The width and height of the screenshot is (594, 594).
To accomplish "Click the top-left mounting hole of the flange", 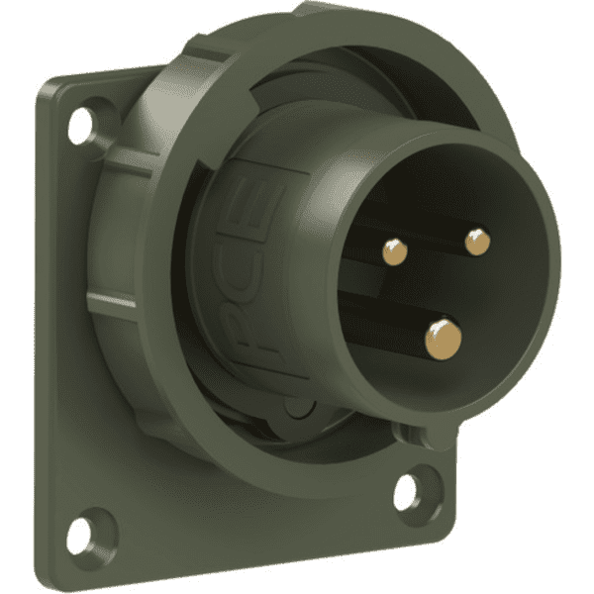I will (x=80, y=123).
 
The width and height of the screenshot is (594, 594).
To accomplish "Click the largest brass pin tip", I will (x=443, y=339).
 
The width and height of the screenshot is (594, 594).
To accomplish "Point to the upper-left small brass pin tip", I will (x=393, y=252).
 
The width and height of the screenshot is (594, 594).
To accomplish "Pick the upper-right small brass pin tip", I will (x=477, y=240).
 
